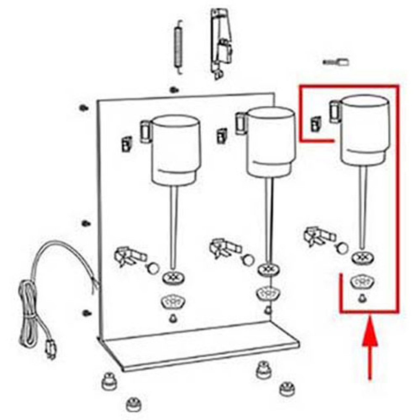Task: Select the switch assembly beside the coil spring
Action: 221,43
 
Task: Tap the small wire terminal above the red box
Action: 336,62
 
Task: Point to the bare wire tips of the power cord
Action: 96,285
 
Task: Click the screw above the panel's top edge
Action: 174,90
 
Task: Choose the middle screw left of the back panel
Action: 86,223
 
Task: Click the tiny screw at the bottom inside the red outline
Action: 363,298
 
